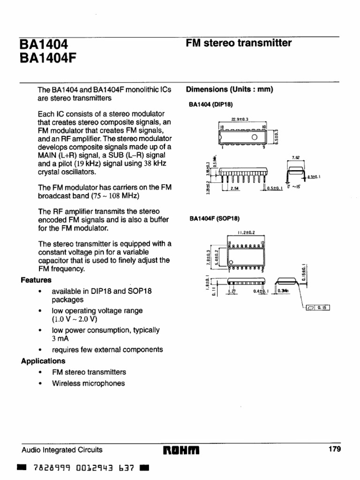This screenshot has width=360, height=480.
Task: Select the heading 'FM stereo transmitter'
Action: click(239, 43)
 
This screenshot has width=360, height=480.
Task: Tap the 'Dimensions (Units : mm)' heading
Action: click(229, 90)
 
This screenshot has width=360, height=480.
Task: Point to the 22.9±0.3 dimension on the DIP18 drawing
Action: click(240, 120)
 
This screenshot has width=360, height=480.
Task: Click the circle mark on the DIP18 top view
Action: click(255, 137)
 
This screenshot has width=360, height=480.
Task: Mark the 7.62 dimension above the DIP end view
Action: click(295, 158)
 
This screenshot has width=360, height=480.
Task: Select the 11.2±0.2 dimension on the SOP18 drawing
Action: click(246, 232)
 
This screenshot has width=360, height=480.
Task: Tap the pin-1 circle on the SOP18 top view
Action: click(231, 262)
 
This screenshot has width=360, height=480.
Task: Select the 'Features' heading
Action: click(36, 280)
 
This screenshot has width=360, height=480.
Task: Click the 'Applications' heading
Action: click(43, 361)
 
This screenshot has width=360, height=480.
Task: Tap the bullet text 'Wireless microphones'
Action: click(89, 383)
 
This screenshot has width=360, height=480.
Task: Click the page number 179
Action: click(335, 449)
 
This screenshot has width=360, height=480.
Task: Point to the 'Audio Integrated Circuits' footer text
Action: click(62, 450)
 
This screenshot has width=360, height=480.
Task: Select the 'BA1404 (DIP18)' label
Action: click(210, 105)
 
